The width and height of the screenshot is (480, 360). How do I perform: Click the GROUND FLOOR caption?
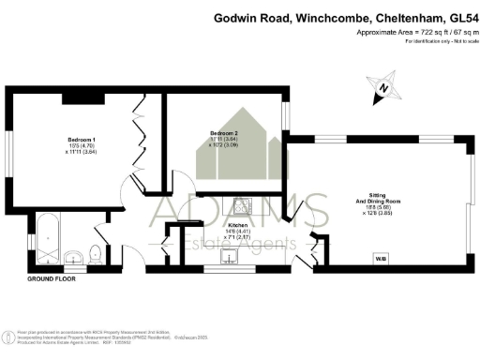click(x=51, y=279)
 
